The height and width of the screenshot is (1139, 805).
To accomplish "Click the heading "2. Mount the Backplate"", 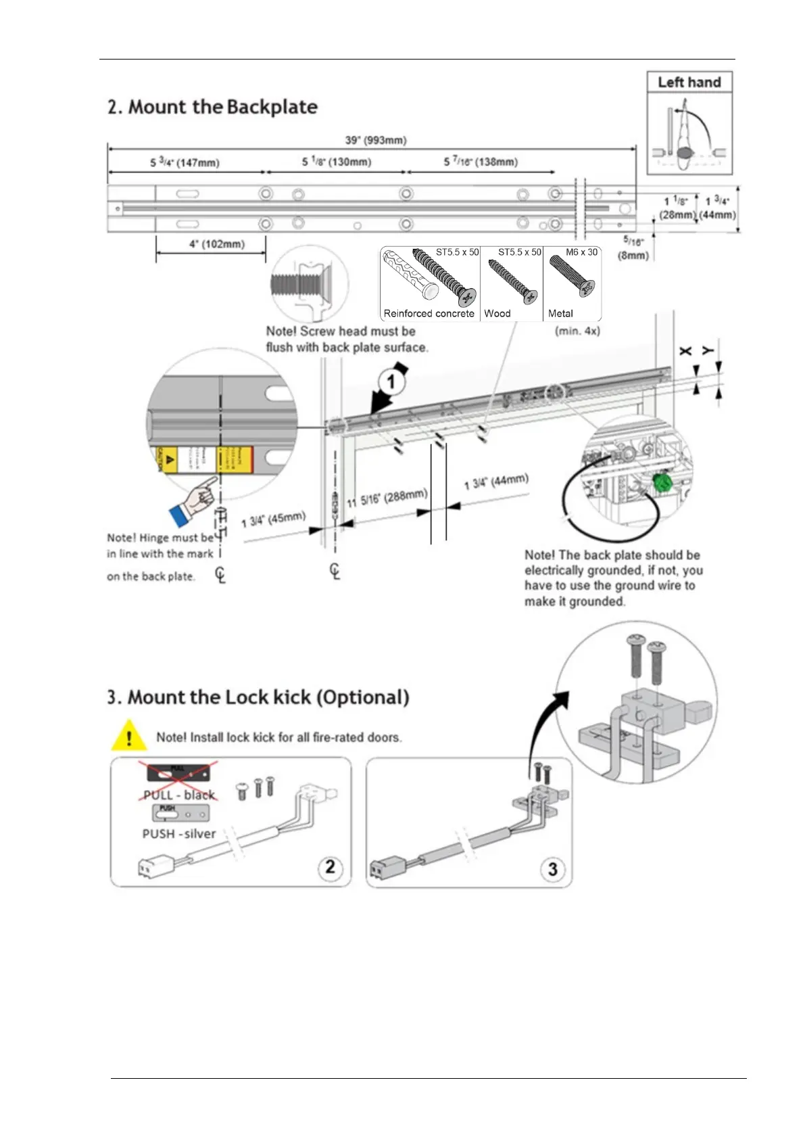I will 212,107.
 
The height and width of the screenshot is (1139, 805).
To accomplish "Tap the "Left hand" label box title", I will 689,83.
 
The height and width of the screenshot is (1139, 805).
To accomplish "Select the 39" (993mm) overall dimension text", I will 376,140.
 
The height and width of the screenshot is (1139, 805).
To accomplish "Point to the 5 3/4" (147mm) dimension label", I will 185,162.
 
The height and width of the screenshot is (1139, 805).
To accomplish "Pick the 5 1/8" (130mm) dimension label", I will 336,162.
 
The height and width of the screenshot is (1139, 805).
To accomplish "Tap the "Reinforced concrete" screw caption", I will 429,313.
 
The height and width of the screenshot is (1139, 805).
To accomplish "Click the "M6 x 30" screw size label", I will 581,252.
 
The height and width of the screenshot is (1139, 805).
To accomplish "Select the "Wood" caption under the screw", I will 497,313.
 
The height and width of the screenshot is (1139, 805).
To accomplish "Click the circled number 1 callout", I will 391,383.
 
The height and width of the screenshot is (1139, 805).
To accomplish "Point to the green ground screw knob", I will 662,483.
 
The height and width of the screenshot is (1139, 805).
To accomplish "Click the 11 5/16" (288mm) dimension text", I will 387,498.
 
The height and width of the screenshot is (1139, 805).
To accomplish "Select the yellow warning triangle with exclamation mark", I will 128,737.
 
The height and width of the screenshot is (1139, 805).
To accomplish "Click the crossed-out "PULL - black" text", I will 179,795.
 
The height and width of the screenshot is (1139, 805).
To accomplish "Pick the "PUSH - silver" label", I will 179,834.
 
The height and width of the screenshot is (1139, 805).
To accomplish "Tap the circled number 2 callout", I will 330,866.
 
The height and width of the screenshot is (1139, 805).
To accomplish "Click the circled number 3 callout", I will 552,868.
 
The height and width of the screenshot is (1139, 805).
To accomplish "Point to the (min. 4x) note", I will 577,331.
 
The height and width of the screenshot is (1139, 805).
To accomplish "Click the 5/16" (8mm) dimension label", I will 633,248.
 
